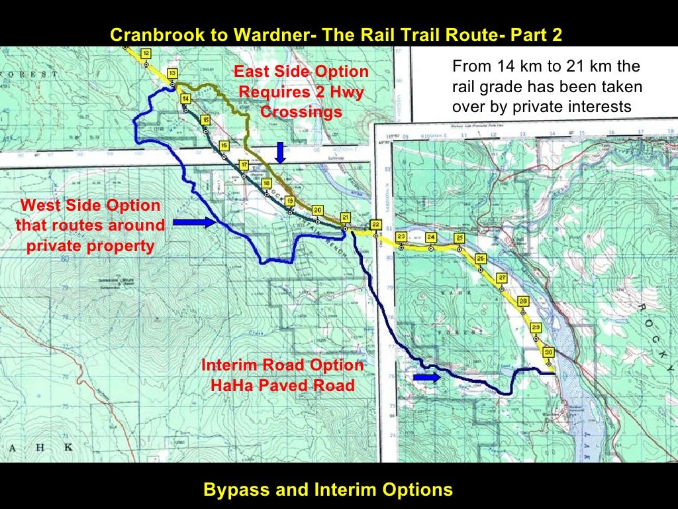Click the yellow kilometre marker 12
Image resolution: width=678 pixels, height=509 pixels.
[x=146, y=53]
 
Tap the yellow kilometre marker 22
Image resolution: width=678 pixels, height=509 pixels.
[x=375, y=224]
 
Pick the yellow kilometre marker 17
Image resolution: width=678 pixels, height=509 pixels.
[x=244, y=164]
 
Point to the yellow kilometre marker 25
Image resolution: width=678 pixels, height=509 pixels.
[x=460, y=238]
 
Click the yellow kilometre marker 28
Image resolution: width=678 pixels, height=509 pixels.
[x=523, y=302]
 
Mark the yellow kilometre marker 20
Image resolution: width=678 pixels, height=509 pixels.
[x=318, y=211]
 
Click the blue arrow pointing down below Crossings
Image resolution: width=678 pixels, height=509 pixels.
[x=280, y=152]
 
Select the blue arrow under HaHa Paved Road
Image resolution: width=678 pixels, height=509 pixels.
[x=426, y=377]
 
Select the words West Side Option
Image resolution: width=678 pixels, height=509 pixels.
[x=90, y=206]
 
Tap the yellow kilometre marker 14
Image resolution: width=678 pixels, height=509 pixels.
[x=186, y=98]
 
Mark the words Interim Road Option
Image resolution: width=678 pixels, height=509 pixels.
[x=282, y=365]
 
